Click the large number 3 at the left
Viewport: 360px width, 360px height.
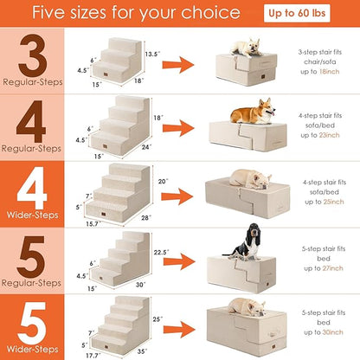[x=33, y=53]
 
